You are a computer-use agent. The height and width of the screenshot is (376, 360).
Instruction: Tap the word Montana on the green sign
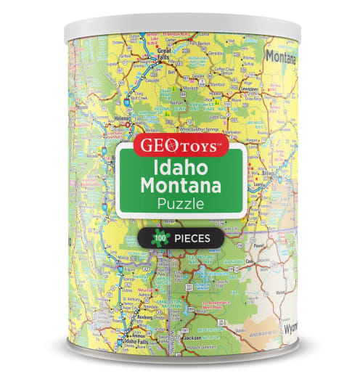coord(181,187)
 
